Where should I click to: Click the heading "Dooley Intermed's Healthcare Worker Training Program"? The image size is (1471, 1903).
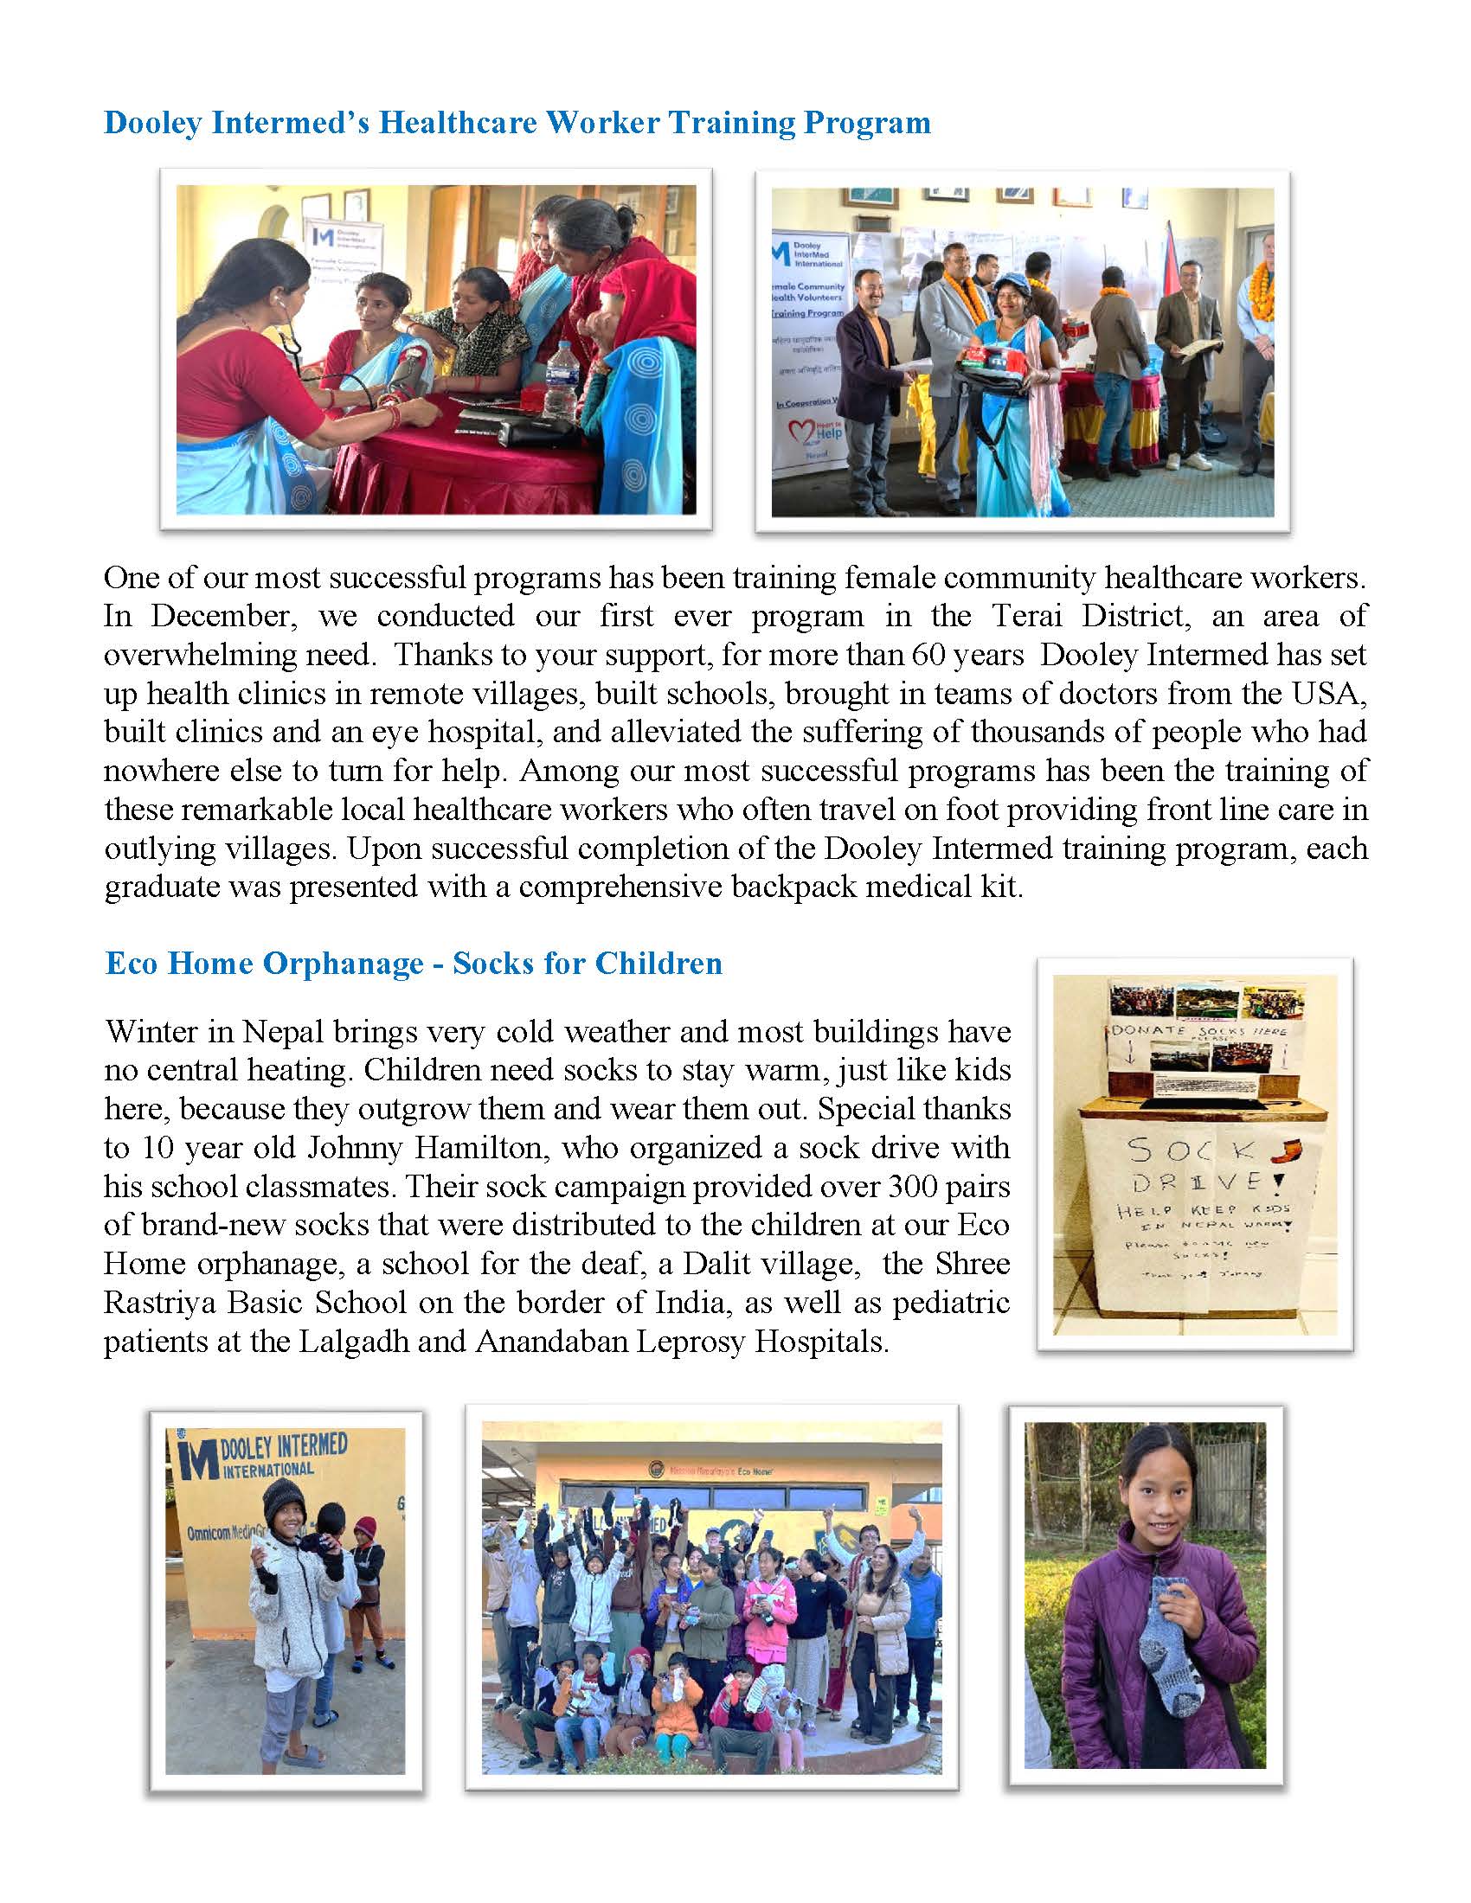click(517, 123)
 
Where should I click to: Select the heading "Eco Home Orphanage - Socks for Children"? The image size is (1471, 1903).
click(413, 963)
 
